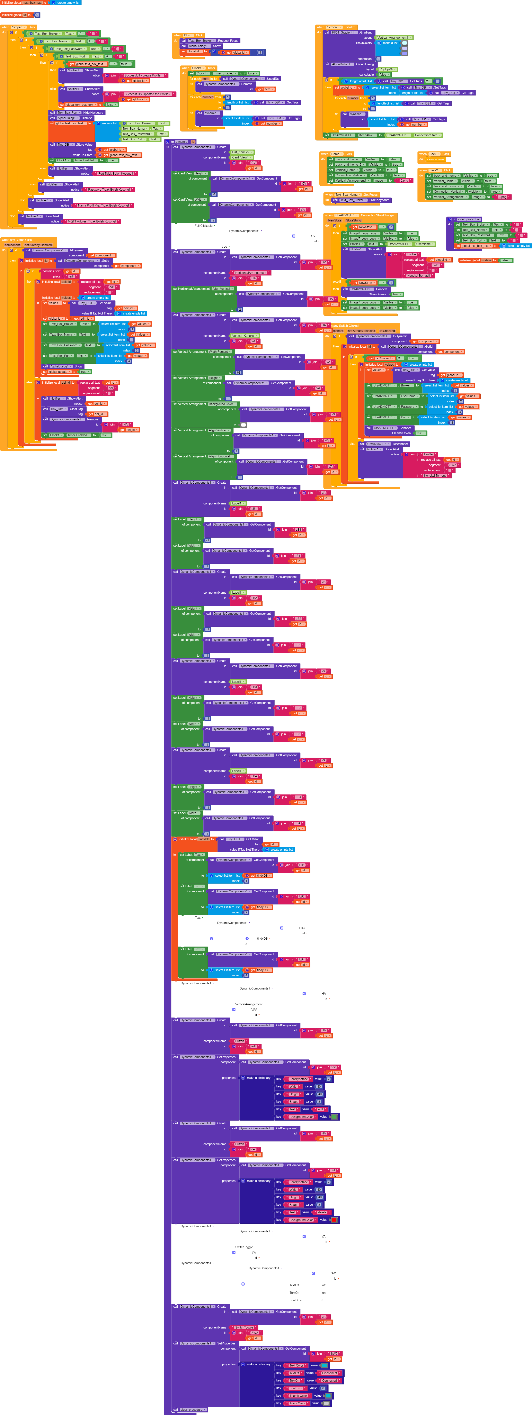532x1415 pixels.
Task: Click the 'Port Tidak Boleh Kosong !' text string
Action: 116,174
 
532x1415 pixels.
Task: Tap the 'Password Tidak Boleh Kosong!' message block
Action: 109,190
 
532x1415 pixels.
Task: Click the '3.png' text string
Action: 502,197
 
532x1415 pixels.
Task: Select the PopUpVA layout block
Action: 386,69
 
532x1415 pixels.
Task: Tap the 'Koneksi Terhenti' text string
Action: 435,476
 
